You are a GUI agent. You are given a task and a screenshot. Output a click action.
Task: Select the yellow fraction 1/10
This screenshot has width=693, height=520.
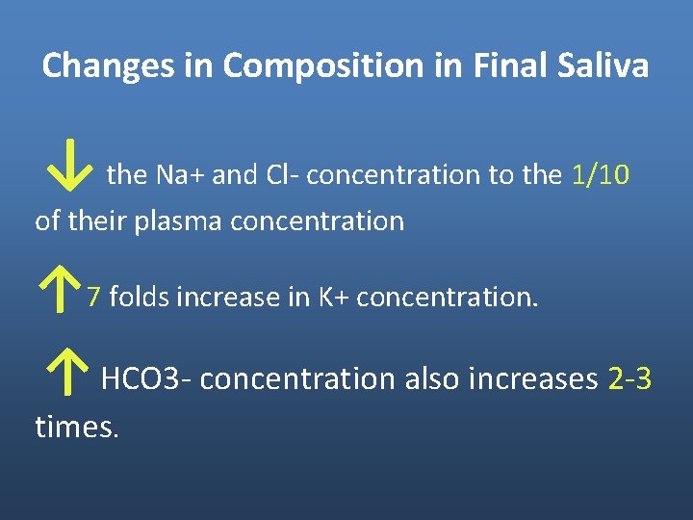601,175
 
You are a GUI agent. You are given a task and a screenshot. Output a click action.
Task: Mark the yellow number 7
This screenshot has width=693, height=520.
93,298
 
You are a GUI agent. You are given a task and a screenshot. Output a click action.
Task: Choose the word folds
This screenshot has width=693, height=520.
138,298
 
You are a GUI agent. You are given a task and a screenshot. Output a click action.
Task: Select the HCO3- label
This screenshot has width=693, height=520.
148,379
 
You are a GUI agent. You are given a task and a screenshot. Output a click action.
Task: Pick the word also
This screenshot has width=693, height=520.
432,379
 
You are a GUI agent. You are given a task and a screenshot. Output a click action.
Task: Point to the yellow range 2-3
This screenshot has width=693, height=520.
630,379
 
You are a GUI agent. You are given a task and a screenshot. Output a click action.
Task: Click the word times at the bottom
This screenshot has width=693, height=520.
75,427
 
